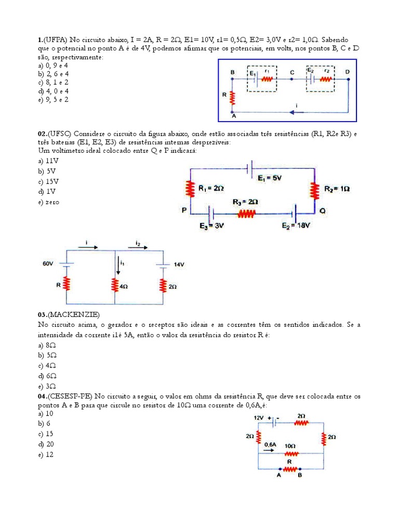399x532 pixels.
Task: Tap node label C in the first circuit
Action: (292, 72)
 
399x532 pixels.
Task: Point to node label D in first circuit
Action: (347, 72)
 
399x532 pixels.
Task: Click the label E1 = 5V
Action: (269, 178)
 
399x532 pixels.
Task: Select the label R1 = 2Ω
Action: (211, 190)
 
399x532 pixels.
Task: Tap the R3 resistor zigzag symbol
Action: (246, 213)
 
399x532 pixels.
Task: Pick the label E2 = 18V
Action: (296, 225)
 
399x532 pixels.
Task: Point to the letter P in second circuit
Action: (184, 211)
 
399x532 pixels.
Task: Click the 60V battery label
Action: (48, 264)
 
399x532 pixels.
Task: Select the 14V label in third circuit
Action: (179, 264)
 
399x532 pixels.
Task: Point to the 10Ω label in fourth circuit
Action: (290, 446)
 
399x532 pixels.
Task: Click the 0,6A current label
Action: (270, 445)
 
